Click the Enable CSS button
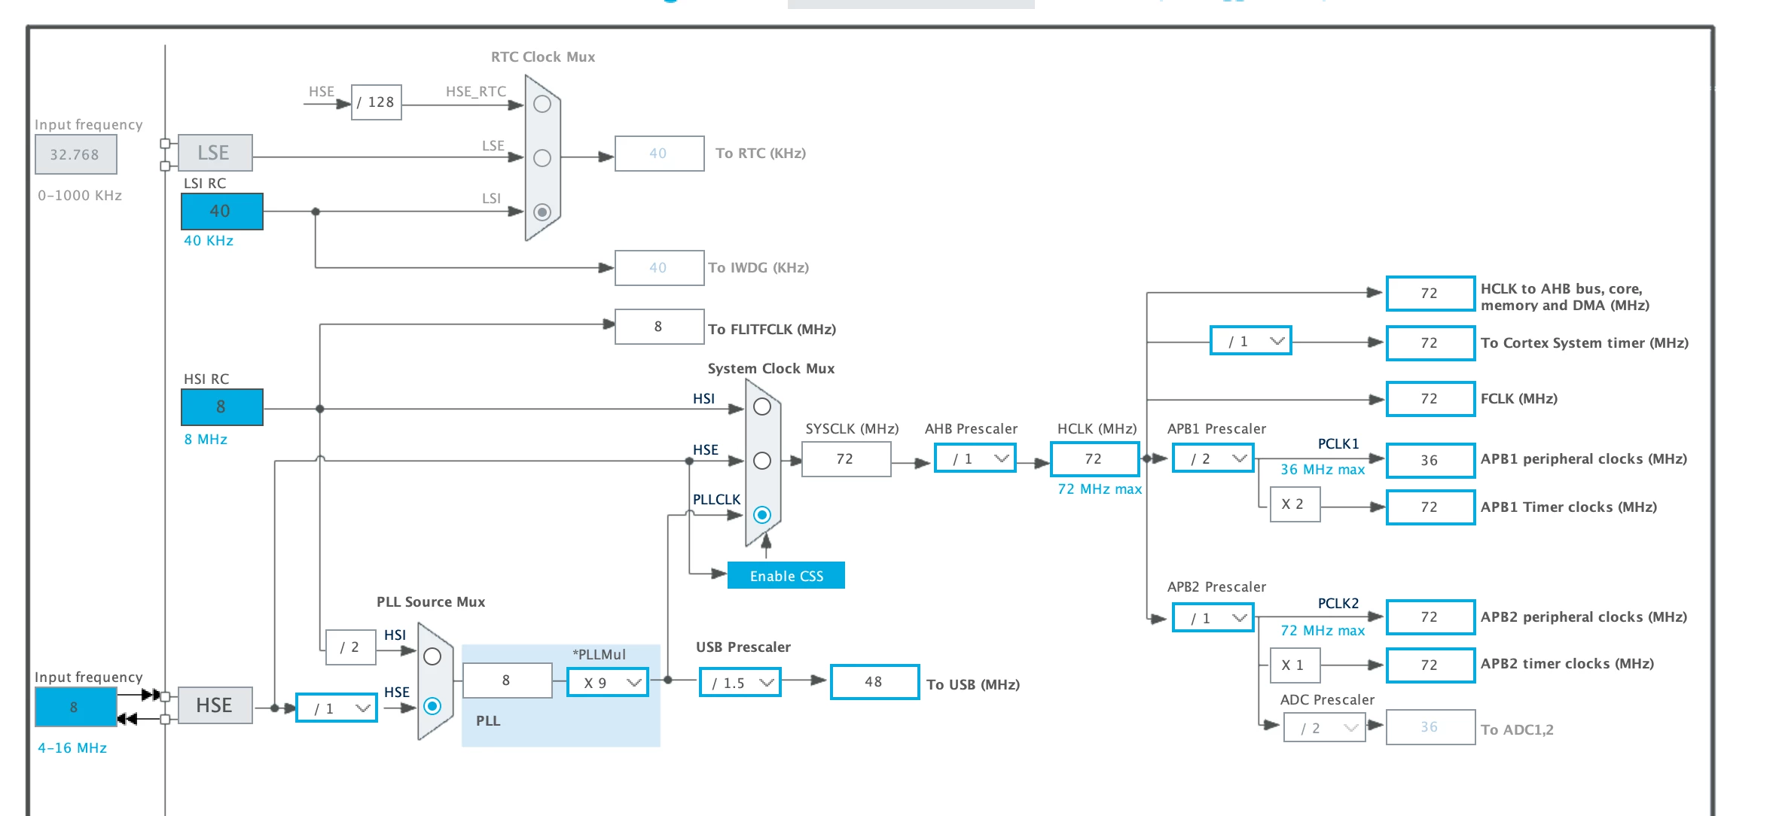pos(786,575)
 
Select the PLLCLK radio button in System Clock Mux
pos(762,515)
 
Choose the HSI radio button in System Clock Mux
pos(762,406)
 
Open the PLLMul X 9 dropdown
pos(607,683)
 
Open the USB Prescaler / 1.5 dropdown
pos(740,683)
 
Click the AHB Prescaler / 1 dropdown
pos(975,458)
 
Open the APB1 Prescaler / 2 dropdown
pos(1213,458)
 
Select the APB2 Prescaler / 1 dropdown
pos(1213,618)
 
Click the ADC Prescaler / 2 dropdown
pos(1324,728)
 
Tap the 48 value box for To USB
pos(874,682)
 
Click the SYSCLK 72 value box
pos(846,459)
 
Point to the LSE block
pos(215,153)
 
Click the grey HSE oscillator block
pos(215,705)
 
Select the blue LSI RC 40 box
pos(221,212)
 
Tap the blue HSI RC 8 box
pos(221,407)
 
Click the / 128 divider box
pos(376,102)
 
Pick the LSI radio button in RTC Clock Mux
pos(542,212)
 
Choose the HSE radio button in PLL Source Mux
pos(432,706)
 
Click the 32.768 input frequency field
pos(75,155)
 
